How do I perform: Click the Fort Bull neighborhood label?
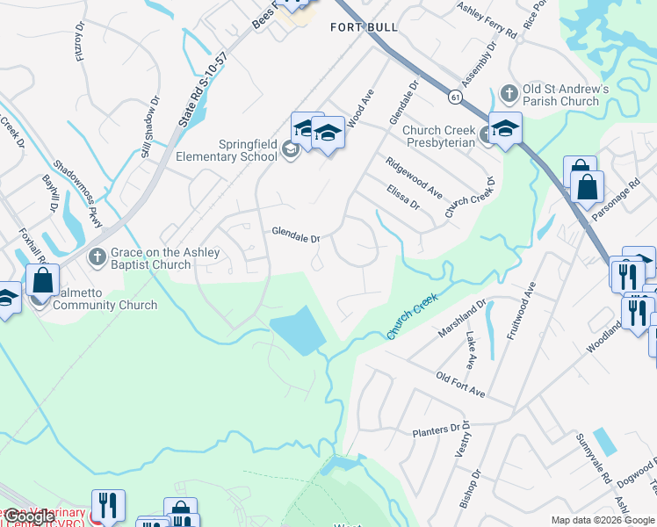[x=364, y=27]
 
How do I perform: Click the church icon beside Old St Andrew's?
[x=509, y=92]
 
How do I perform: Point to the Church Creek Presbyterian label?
[x=439, y=136]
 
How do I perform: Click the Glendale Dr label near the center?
[x=296, y=235]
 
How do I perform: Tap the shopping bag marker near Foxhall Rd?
[x=42, y=281]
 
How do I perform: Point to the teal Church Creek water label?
[x=413, y=318]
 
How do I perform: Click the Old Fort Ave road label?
[x=460, y=384]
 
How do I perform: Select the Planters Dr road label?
[x=437, y=430]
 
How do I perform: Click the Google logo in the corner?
[x=31, y=516]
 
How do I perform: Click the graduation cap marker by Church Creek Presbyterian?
[x=505, y=129]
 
